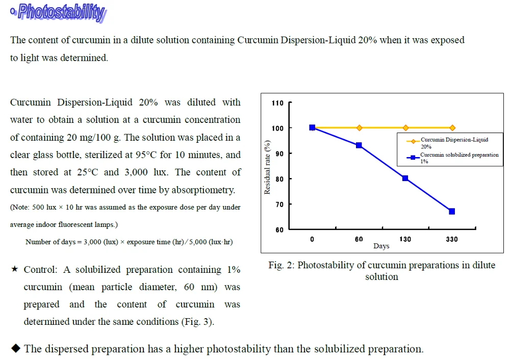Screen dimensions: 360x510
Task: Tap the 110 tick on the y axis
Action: (277, 103)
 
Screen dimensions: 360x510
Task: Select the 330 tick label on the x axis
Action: (452, 239)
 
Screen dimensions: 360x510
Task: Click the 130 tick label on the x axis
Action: (405, 239)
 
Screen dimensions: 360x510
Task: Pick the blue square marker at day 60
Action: (359, 145)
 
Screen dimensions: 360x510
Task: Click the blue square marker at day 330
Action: (452, 211)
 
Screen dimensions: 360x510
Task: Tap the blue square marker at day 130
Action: (405, 178)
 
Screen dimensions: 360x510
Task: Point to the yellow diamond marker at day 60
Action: (359, 127)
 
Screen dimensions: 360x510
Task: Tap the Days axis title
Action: (381, 246)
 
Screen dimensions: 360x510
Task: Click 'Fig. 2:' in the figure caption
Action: (282, 265)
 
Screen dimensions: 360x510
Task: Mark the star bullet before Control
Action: (15, 270)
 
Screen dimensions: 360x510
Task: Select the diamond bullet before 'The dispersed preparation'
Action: (15, 349)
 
